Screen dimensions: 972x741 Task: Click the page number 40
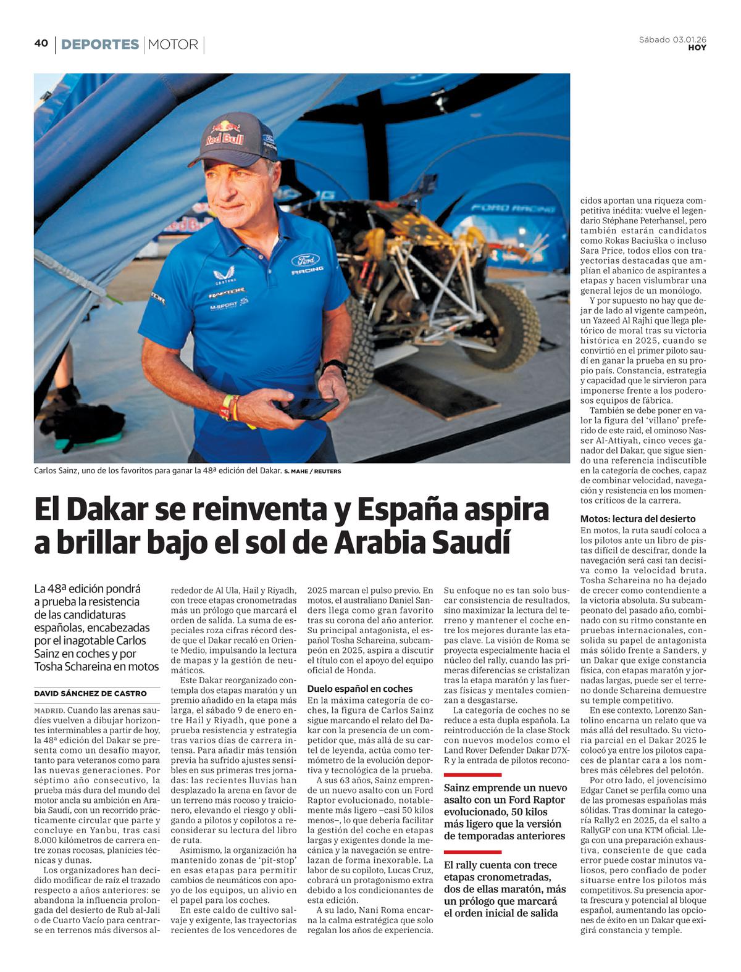pos(41,43)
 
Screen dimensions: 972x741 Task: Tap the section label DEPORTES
pos(100,44)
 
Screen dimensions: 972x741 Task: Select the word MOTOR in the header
pos(173,44)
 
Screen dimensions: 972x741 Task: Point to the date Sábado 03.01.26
pos(672,39)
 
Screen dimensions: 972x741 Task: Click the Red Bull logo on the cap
pos(225,134)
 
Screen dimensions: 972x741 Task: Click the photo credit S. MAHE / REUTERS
pos(312,471)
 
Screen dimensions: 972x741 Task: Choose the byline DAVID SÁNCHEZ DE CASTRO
pos(90,693)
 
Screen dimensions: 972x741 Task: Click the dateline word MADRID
pos(48,710)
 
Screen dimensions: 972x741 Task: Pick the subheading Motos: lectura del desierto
pos(638,519)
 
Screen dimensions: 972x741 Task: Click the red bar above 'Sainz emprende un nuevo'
pos(472,775)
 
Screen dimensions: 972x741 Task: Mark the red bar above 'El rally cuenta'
pos(472,852)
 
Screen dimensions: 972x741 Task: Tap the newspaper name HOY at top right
pos(697,48)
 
